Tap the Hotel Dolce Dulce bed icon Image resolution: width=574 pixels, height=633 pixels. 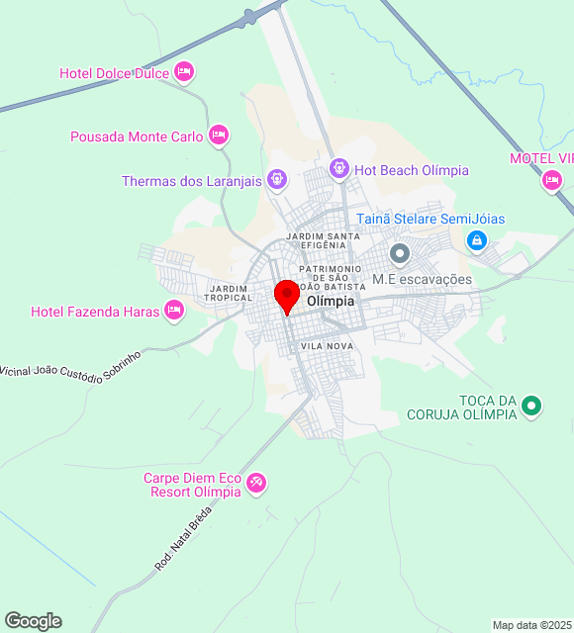(x=183, y=71)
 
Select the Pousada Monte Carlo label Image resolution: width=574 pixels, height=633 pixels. (x=137, y=136)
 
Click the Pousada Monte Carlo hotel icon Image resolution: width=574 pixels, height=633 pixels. (x=219, y=135)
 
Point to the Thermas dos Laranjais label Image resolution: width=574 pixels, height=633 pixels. (x=191, y=181)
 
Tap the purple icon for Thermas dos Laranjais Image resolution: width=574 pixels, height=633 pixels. (x=277, y=179)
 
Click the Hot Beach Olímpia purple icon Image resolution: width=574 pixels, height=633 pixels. (x=339, y=169)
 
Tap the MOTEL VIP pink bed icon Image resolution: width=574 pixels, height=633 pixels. (x=552, y=179)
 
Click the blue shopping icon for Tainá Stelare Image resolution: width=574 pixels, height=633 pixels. (x=477, y=239)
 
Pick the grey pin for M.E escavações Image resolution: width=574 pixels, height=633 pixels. (x=400, y=254)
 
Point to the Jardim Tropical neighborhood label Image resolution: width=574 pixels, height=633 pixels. (x=227, y=293)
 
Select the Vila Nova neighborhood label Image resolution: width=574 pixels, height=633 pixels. (x=328, y=346)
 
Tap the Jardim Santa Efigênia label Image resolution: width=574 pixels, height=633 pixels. (x=322, y=240)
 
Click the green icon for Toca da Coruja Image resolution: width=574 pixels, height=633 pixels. (x=531, y=405)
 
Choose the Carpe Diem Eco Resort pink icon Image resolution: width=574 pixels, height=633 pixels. (x=256, y=482)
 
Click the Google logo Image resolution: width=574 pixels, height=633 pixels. (x=33, y=621)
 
